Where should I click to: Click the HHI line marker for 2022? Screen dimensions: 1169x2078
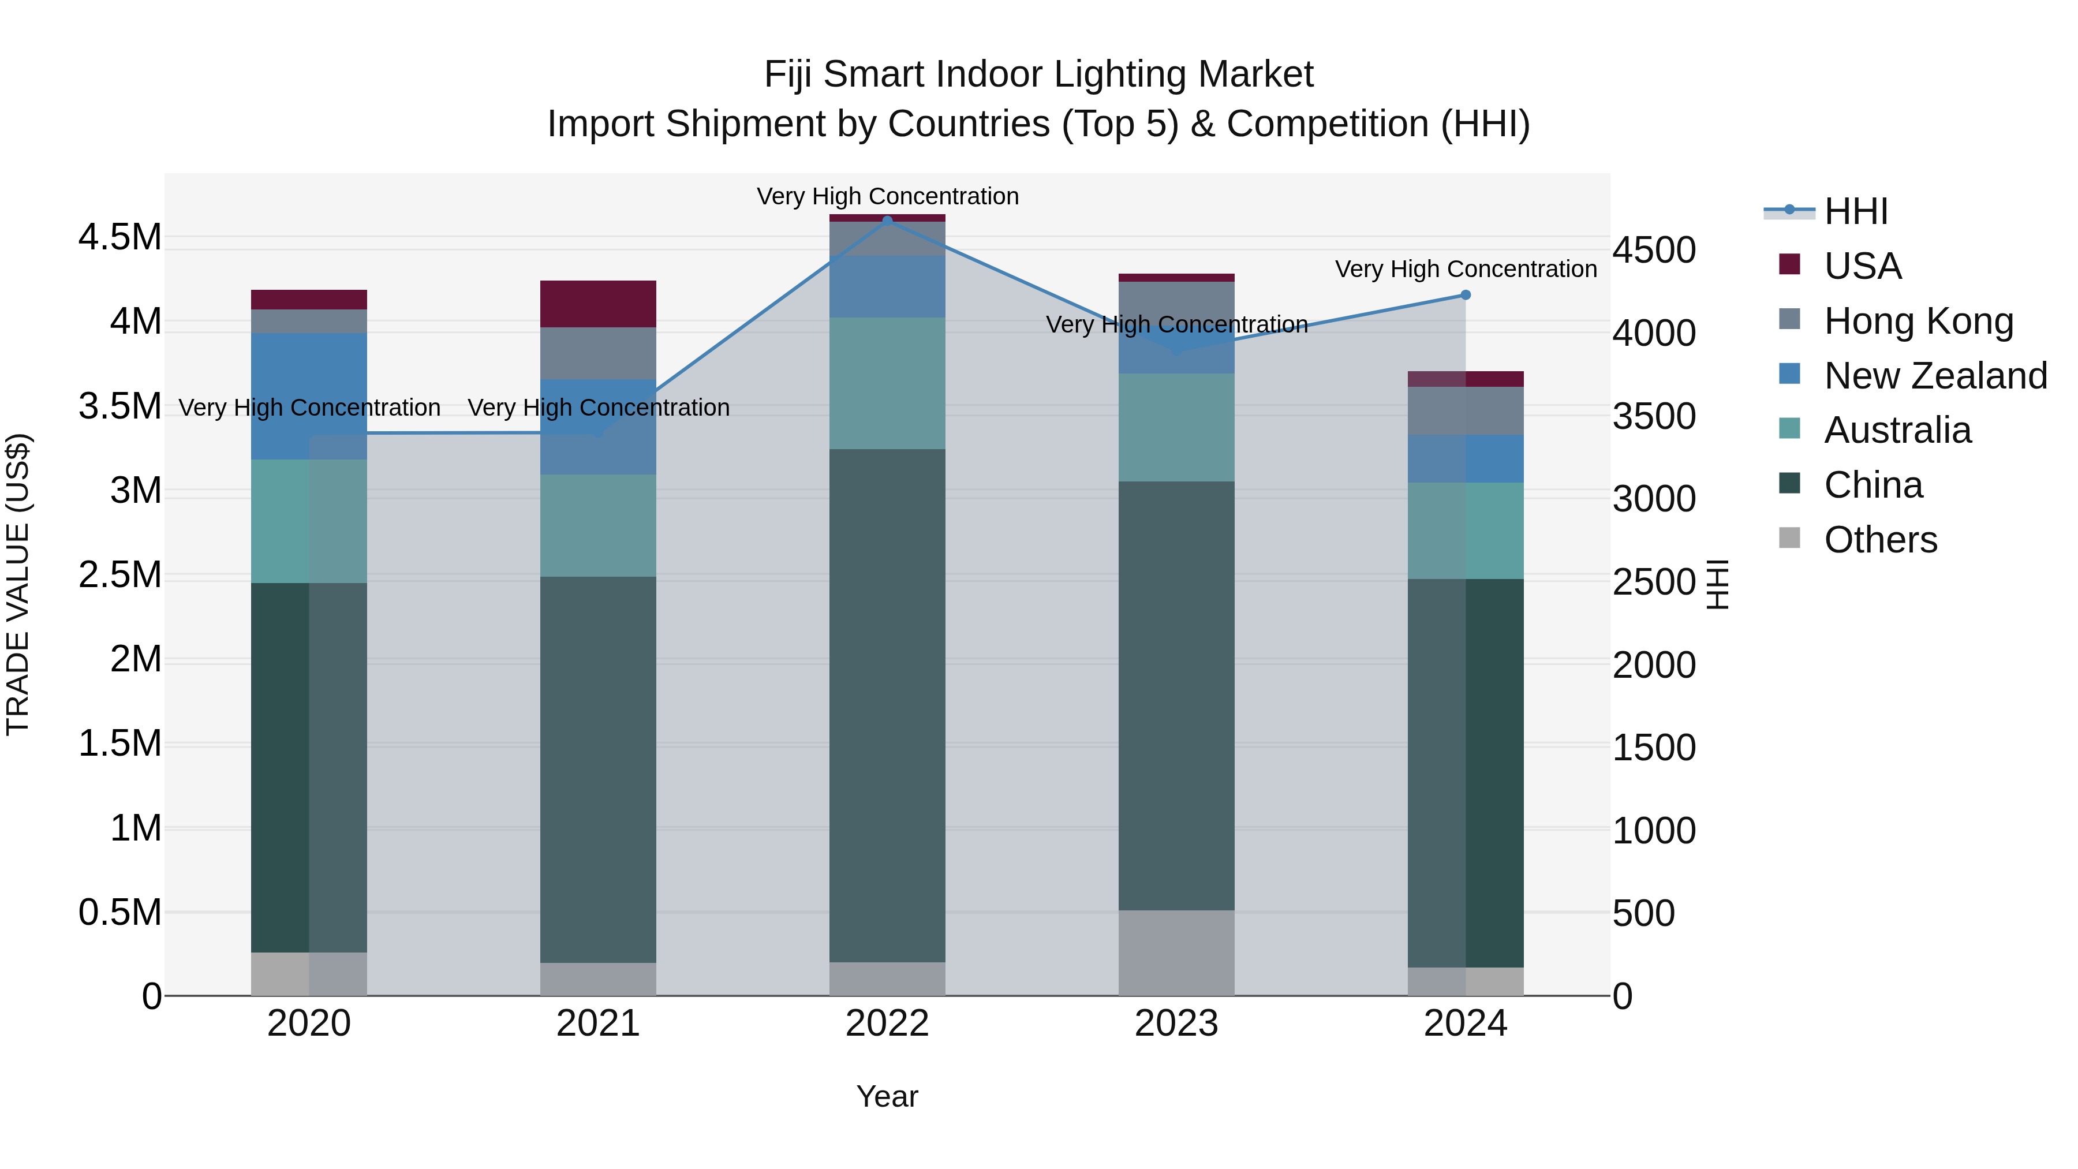887,221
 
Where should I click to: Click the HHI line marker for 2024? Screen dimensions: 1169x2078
1466,295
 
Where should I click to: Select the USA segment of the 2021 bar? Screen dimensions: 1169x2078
598,304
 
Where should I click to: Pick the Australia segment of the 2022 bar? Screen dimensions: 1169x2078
887,383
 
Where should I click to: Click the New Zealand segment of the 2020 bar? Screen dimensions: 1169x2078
309,396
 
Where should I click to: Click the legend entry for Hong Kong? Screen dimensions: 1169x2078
1918,321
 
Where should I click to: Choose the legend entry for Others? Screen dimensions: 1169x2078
1879,540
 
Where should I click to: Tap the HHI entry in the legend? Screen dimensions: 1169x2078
1855,211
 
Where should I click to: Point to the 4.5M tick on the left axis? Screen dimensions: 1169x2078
120,238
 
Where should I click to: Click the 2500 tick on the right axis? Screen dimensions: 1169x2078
1654,582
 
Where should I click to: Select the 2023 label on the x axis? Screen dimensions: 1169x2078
1176,1024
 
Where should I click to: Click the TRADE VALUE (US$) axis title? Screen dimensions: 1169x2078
18,584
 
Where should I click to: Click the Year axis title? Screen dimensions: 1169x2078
887,1096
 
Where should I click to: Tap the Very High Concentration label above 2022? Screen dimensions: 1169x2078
887,196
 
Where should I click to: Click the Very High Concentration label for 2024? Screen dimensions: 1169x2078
1466,268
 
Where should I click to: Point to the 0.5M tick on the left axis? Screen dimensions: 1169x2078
120,913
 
